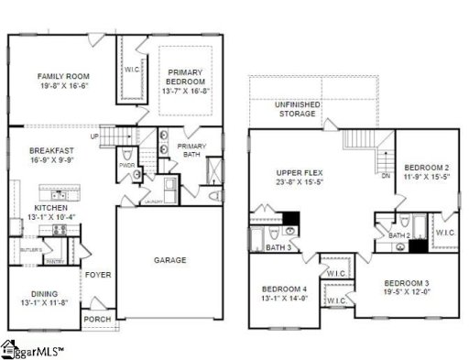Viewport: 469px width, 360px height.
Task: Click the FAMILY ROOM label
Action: point(61,75)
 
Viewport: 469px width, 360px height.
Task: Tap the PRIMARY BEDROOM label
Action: point(191,75)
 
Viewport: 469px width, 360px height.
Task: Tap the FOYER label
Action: point(98,275)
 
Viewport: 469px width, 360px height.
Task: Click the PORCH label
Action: point(97,320)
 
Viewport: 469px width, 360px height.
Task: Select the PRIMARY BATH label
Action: point(191,151)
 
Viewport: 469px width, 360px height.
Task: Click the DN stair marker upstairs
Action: point(386,175)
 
